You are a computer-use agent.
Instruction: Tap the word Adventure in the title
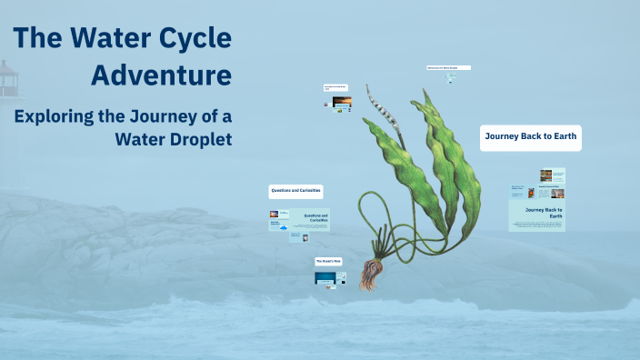click(x=161, y=75)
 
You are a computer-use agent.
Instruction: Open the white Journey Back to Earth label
click(x=530, y=137)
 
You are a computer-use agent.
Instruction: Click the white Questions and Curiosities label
click(x=295, y=192)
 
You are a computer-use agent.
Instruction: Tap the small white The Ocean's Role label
click(x=327, y=261)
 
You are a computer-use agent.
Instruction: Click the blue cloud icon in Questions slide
click(x=285, y=227)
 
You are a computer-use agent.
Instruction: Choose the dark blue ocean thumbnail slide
click(x=325, y=278)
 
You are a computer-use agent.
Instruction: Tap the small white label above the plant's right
click(x=448, y=68)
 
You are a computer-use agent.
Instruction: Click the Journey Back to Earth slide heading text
click(x=544, y=213)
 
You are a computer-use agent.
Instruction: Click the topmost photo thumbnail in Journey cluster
click(x=545, y=175)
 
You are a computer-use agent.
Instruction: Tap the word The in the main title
click(x=35, y=38)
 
